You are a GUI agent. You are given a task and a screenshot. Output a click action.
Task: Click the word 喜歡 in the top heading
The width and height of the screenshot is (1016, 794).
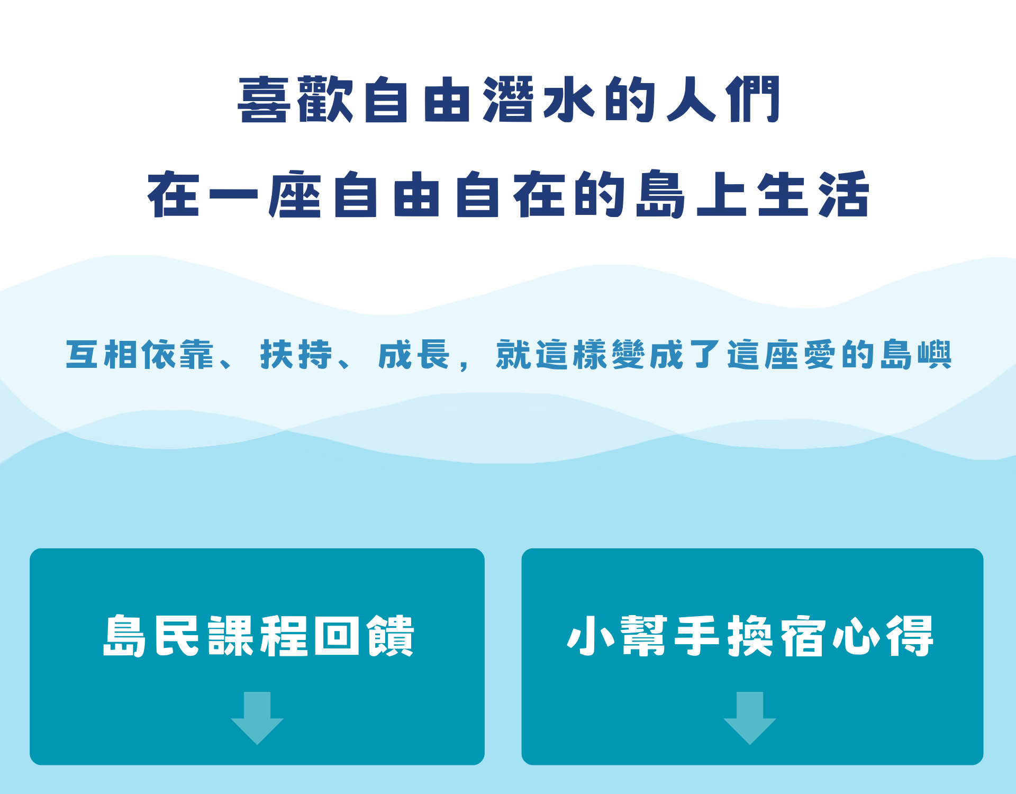point(295,100)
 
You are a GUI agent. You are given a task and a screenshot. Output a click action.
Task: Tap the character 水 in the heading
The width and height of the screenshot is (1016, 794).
point(569,100)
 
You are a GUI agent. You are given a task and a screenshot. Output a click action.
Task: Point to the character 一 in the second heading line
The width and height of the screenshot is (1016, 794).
point(233,194)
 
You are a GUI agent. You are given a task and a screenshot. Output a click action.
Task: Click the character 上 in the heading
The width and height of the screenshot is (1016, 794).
point(722,194)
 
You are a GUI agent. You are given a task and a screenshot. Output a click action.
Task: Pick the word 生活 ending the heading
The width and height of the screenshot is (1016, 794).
point(813,194)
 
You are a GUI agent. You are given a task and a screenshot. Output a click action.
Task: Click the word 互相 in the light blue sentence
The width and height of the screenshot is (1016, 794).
point(101,354)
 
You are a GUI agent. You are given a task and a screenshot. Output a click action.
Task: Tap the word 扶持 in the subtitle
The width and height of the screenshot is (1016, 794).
point(296,354)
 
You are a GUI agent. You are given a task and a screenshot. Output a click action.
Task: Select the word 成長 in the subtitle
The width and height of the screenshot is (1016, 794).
point(414,354)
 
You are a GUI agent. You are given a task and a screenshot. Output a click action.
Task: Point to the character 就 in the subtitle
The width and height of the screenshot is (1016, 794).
point(514,354)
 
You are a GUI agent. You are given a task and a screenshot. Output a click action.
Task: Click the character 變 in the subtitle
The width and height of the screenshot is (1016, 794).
point(628,354)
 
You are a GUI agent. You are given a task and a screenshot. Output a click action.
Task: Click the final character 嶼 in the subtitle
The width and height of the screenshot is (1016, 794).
point(935,354)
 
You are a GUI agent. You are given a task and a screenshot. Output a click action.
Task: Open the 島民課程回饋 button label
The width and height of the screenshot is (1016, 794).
point(258,636)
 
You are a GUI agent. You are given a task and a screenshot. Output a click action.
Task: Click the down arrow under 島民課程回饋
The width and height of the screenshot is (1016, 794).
point(257,718)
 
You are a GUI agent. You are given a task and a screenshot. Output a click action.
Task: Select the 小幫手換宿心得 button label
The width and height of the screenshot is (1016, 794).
point(750,636)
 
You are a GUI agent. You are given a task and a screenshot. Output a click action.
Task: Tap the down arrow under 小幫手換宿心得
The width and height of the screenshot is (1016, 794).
point(750,718)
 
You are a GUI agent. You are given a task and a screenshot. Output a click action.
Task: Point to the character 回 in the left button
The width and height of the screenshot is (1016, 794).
point(337,636)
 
